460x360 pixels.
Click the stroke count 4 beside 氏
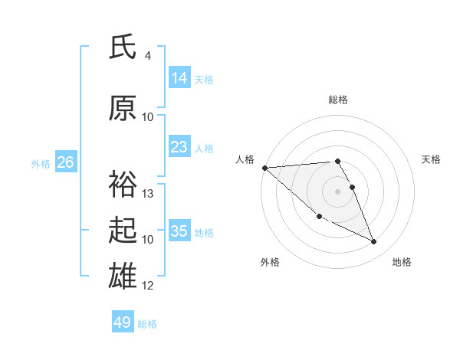[x=148, y=56]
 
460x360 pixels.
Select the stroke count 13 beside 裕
[x=148, y=193]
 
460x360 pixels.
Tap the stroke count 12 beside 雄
[x=148, y=286]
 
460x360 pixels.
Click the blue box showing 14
[x=179, y=78]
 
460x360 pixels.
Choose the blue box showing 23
[x=179, y=147]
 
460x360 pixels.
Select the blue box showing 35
[x=179, y=231]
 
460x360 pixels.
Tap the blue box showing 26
[x=65, y=162]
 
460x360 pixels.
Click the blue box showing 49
[x=122, y=322]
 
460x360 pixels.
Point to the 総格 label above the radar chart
[x=338, y=100]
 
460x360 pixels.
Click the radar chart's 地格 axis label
[x=402, y=263]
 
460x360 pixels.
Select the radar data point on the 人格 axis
[x=264, y=167]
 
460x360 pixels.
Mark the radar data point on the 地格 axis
[x=374, y=241]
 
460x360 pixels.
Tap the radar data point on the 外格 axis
[x=319, y=217]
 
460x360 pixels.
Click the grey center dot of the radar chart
[x=338, y=191]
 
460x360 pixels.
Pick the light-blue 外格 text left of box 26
[x=41, y=163]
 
